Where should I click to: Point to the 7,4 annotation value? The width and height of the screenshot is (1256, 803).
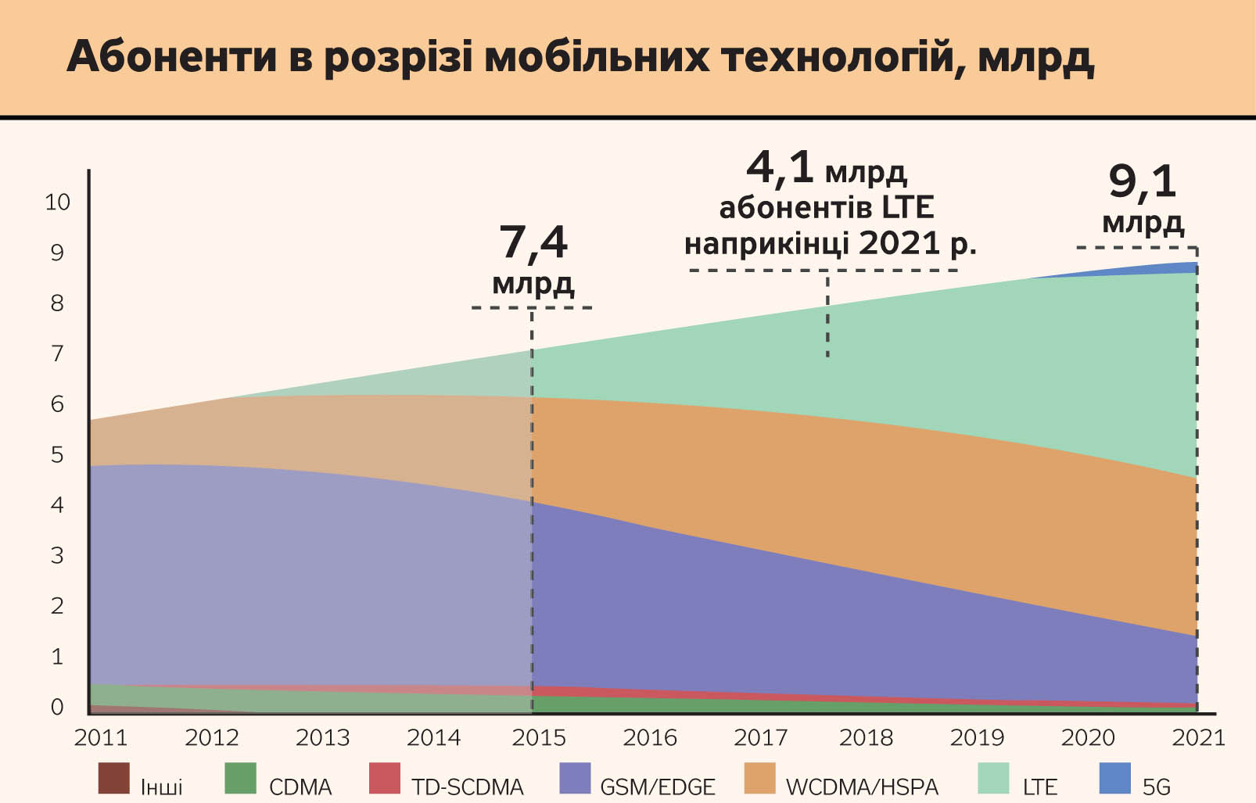pyautogui.click(x=533, y=243)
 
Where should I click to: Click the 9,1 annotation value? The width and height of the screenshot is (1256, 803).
pyautogui.click(x=1142, y=182)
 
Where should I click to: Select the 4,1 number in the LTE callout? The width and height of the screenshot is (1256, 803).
pyautogui.click(x=780, y=167)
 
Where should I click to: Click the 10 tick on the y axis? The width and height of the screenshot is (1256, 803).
pyautogui.click(x=57, y=203)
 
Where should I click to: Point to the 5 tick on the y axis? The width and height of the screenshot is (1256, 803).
pyautogui.click(x=57, y=455)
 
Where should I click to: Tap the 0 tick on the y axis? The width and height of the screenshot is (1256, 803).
pyautogui.click(x=57, y=708)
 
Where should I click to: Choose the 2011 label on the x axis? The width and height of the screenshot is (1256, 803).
pyautogui.click(x=100, y=738)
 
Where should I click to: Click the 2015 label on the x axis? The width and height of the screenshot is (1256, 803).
pyautogui.click(x=538, y=738)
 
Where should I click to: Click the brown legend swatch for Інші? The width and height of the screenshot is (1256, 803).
pyautogui.click(x=113, y=779)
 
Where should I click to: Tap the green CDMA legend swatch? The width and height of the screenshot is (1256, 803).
pyautogui.click(x=240, y=779)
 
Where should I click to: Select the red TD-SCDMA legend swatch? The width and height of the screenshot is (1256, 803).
pyautogui.click(x=384, y=779)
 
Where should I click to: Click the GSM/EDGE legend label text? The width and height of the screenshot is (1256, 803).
pyautogui.click(x=657, y=787)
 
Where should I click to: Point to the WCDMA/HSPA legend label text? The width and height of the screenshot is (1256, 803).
pyautogui.click(x=862, y=787)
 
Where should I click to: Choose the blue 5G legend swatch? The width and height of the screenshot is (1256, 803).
pyautogui.click(x=1115, y=779)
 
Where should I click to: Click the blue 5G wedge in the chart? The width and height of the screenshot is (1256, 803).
pyautogui.click(x=1177, y=268)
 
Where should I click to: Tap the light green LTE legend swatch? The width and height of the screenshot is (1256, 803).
pyautogui.click(x=994, y=779)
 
